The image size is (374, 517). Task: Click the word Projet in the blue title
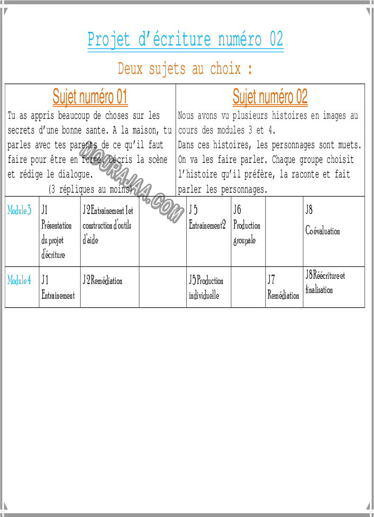tap(109, 39)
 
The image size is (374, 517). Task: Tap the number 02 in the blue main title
tap(276, 39)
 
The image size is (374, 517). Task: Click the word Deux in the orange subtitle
tap(130, 69)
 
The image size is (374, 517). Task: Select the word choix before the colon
tap(225, 69)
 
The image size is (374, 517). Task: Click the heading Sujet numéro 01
tap(90, 97)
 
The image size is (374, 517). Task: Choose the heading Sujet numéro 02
tap(270, 97)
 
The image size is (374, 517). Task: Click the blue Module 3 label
tap(19, 210)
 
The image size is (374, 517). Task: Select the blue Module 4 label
tap(19, 280)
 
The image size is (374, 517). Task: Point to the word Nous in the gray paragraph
tap(186, 116)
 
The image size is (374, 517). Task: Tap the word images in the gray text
tap(334, 116)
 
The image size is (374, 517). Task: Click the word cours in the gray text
tap(188, 130)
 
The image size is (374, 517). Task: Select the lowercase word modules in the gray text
tap(231, 130)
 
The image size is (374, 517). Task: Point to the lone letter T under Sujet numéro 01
tap(9, 116)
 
